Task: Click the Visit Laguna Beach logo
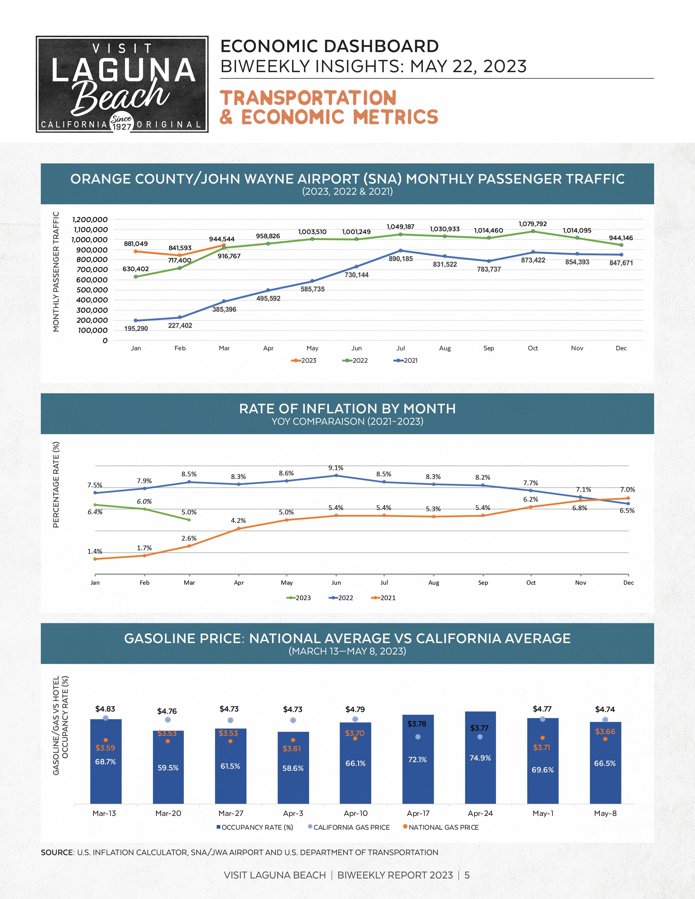122,84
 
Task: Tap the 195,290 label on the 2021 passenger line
136,329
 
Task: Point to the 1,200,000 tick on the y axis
89,220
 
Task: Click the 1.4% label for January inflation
95,552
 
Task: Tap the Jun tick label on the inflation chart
336,582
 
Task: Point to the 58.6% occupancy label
293,768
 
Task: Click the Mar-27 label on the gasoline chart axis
231,813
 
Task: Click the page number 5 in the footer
467,875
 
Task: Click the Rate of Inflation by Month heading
347,408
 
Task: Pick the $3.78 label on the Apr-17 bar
417,724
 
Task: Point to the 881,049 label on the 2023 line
136,244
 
